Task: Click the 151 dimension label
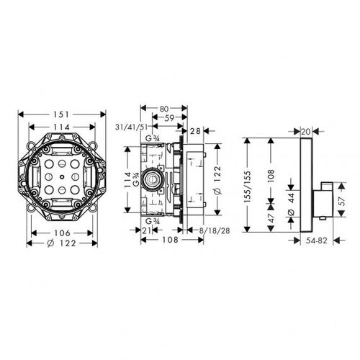[x=61, y=114]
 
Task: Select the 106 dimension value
[x=62, y=233]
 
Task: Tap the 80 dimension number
[x=164, y=109]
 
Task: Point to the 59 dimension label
[x=169, y=118]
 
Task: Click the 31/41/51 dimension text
[x=131, y=127]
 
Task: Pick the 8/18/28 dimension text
[x=215, y=230]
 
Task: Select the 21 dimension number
[x=146, y=230]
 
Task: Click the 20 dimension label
[x=305, y=131]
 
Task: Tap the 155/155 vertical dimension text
[x=248, y=186]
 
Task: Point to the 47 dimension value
[x=271, y=218]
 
